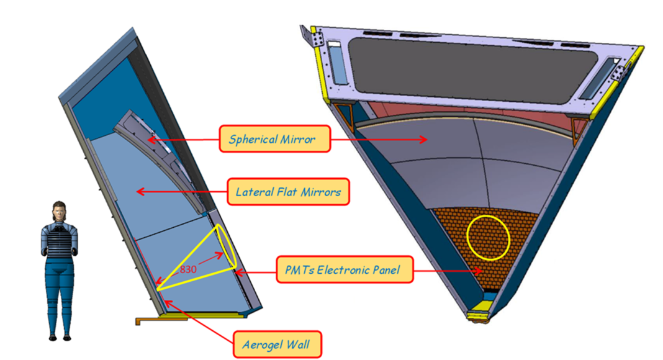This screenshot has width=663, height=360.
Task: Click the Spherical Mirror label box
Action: (274, 138)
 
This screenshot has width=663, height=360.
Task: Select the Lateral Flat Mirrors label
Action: (288, 192)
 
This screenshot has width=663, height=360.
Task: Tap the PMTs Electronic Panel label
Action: (344, 270)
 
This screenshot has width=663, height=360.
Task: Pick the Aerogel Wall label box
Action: (277, 344)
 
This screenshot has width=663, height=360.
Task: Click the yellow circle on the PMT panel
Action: (487, 237)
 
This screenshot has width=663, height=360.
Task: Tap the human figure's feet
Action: (60, 336)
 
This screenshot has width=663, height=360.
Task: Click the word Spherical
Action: (252, 138)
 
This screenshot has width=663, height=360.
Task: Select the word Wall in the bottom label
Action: (303, 344)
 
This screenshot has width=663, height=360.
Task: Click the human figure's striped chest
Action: (60, 242)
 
